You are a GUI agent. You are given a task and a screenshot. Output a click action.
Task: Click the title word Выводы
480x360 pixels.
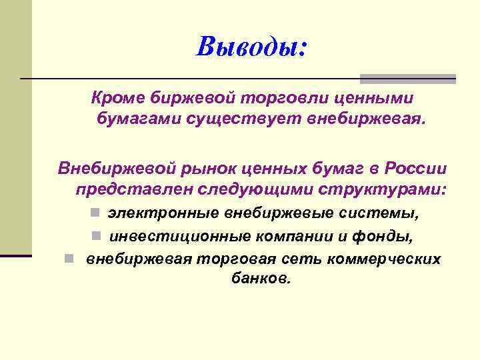click(251, 46)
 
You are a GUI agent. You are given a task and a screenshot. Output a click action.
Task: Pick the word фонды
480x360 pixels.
click(402, 236)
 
